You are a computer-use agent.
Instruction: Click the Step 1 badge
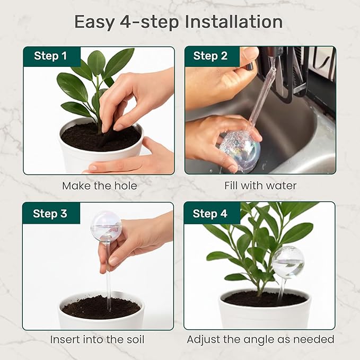(x=51, y=56)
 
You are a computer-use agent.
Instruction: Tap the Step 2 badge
(x=210, y=56)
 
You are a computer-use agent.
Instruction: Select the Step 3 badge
(x=50, y=214)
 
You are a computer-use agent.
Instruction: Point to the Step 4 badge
(x=210, y=214)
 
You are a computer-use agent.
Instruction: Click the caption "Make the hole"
(x=99, y=186)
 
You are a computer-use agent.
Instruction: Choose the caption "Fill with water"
(x=260, y=186)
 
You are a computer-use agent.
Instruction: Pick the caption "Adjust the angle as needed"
(x=260, y=339)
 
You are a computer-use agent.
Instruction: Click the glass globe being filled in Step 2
(x=240, y=150)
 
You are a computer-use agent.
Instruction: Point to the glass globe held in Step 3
(x=106, y=227)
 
